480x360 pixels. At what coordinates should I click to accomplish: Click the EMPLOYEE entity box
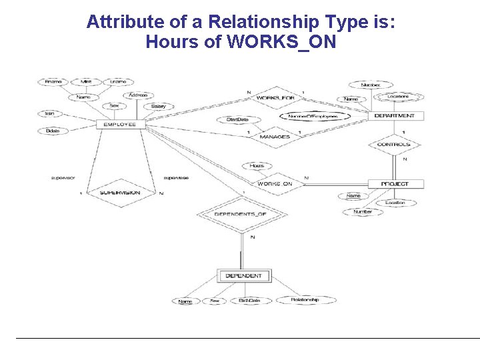coord(119,124)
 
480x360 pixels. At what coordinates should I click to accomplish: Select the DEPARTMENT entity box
coord(394,116)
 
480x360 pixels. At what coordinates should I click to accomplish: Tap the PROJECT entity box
coord(395,184)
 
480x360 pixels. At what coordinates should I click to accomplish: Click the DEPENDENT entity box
coord(243,275)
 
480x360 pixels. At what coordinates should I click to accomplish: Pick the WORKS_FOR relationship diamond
coord(275,98)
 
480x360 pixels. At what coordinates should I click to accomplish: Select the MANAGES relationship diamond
coord(275,137)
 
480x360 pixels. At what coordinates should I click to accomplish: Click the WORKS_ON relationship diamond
coord(275,184)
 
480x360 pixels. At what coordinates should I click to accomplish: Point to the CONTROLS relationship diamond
coord(394,145)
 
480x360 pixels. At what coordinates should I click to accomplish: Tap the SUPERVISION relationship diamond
coord(120,192)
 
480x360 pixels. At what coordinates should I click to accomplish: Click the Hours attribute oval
coord(257,166)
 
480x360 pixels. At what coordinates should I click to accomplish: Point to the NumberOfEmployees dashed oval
coord(313,116)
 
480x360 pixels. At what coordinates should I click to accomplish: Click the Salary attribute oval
coord(158,106)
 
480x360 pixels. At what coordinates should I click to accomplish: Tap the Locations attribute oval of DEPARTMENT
coord(397,97)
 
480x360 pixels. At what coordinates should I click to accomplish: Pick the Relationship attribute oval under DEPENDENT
coord(305,300)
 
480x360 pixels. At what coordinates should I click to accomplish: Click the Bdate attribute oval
coord(53,131)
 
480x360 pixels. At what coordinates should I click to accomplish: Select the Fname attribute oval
coord(53,82)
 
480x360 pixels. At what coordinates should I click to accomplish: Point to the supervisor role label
coord(63,178)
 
